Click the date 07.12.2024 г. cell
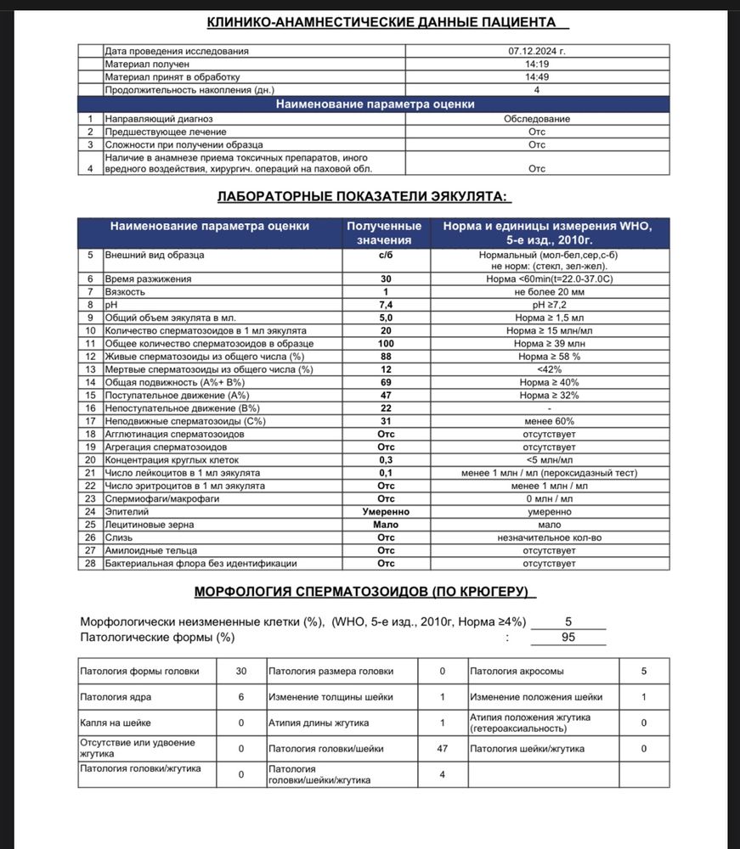[536, 51]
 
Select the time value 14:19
[536, 64]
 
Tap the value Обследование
[536, 119]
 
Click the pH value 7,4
[386, 304]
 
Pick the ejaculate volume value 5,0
[386, 317]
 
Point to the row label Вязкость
[124, 291]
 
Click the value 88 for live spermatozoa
[386, 356]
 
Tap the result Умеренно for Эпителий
[386, 512]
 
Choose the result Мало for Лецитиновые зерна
[386, 525]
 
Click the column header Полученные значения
[386, 233]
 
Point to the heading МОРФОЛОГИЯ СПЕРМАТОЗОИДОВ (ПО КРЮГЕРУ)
[365, 591]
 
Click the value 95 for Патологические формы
[568, 637]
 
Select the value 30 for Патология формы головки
[241, 671]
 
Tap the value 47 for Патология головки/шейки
[443, 749]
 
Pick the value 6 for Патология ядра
[241, 696]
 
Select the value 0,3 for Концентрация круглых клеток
[386, 460]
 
